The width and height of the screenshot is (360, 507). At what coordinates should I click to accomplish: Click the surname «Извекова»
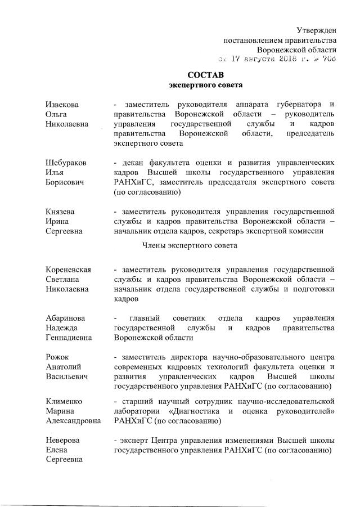[x=62, y=105]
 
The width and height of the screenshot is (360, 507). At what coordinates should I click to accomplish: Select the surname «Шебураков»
[x=66, y=162]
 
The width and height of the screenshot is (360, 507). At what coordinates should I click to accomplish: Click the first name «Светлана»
[x=62, y=279]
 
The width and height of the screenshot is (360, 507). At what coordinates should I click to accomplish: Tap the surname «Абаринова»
[x=66, y=318]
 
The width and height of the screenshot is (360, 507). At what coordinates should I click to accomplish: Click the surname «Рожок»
[x=58, y=356]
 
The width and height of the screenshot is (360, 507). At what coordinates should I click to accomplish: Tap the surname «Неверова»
[x=62, y=439]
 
